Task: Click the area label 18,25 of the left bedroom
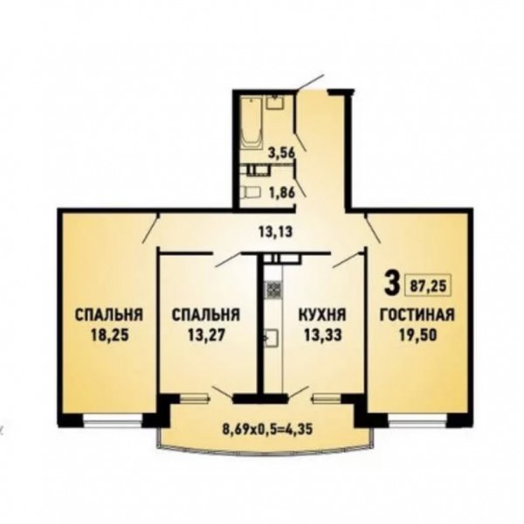click(x=109, y=335)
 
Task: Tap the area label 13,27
click(x=206, y=334)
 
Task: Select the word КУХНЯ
click(x=322, y=314)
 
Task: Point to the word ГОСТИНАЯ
click(x=417, y=314)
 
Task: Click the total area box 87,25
click(x=428, y=286)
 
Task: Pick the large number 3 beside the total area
click(x=391, y=283)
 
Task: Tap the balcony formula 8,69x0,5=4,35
click(x=267, y=429)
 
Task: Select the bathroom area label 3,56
click(x=282, y=153)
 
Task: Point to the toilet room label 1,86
click(x=283, y=193)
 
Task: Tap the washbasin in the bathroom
click(x=275, y=102)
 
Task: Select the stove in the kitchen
click(x=273, y=289)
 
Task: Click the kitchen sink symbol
click(x=272, y=338)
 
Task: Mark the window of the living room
click(x=417, y=422)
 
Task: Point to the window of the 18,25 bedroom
click(x=113, y=422)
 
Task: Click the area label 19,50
click(x=417, y=335)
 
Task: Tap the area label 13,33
click(x=322, y=334)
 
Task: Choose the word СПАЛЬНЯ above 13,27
click(x=206, y=314)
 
